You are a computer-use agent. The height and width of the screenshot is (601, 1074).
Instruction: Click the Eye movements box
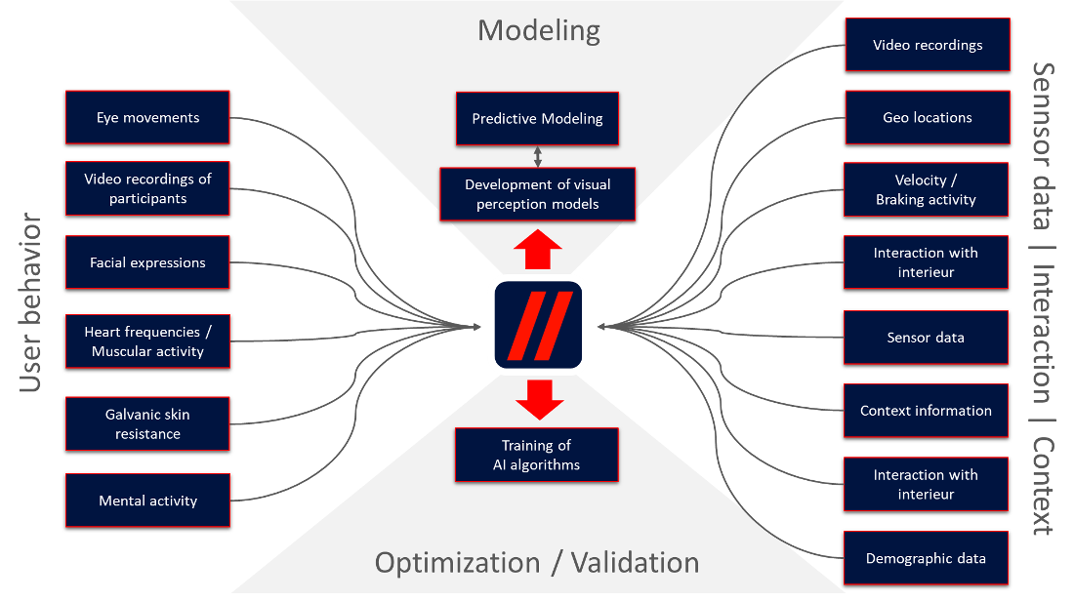(147, 118)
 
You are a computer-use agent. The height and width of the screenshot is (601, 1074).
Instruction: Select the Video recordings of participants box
(147, 188)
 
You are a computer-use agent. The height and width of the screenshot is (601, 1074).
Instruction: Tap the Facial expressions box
(147, 262)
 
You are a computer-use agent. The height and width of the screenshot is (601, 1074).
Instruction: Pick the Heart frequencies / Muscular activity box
(147, 341)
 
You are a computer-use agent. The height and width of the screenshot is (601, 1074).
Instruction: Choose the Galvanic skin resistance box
(147, 423)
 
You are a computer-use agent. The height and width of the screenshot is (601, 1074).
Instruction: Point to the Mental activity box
(147, 501)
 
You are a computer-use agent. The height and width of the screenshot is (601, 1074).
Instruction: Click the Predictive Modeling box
(537, 119)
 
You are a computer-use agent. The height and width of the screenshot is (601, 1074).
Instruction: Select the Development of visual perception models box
(537, 194)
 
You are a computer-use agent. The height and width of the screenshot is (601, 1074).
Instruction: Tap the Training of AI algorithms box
(537, 455)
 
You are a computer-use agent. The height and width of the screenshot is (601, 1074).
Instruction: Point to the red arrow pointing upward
(538, 252)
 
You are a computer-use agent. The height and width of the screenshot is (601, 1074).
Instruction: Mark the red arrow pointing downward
(538, 399)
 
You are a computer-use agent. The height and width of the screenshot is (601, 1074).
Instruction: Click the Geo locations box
(927, 118)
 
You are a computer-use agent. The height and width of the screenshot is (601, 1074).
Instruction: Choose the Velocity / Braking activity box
(927, 189)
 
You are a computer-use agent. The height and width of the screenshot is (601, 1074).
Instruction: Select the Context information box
(926, 411)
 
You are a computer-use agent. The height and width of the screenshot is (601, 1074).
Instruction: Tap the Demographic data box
(926, 559)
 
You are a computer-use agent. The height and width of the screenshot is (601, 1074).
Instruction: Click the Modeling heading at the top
(538, 31)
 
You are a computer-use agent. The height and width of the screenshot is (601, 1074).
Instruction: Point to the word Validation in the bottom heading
(635, 563)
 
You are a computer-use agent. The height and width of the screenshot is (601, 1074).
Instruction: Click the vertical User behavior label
(31, 302)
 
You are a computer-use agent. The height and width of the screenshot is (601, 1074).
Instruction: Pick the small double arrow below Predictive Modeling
(537, 155)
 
